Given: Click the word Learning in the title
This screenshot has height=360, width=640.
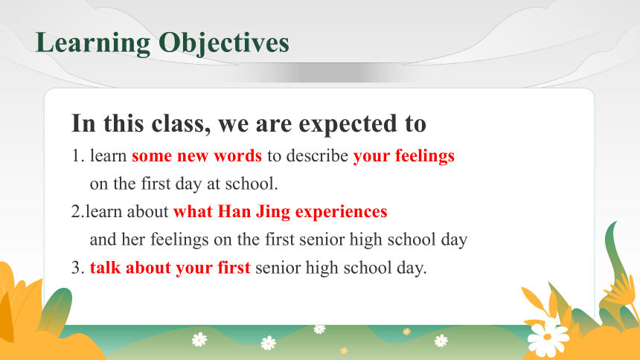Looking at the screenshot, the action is [93, 43].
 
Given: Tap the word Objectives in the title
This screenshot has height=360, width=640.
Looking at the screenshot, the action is [224, 43].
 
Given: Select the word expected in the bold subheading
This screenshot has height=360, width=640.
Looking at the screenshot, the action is [348, 123].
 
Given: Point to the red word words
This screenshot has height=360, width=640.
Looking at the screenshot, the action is [238, 155].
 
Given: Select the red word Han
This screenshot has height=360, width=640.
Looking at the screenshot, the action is [234, 211].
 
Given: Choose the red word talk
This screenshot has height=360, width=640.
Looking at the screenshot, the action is [106, 267].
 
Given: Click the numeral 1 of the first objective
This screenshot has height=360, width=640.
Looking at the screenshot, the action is [76, 156].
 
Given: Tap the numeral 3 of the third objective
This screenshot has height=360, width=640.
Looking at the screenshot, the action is [76, 268].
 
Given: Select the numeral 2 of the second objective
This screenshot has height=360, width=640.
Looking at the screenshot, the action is [76, 211].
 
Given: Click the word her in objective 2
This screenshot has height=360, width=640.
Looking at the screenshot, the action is [133, 240].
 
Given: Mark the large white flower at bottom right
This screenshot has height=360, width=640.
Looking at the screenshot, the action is [548, 337].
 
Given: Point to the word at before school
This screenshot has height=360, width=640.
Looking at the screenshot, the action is [214, 184].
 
